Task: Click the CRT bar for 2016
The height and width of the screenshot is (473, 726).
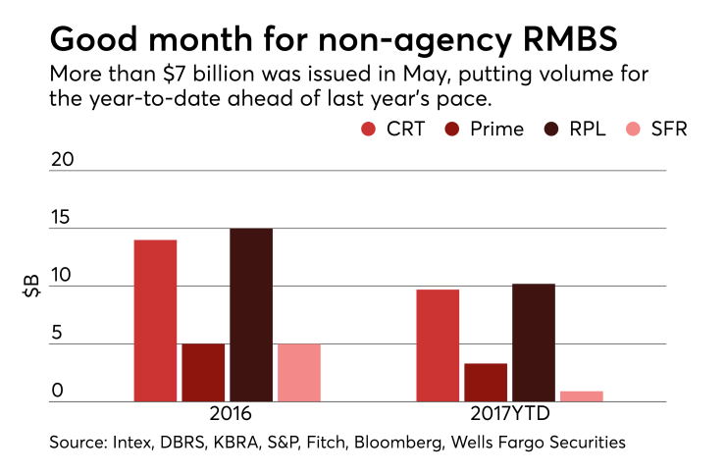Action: [155, 321]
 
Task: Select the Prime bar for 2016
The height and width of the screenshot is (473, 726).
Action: [203, 373]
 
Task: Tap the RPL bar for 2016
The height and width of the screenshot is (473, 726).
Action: [251, 315]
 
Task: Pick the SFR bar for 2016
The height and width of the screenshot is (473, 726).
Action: [299, 373]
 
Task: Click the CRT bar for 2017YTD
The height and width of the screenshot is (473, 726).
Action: [438, 345]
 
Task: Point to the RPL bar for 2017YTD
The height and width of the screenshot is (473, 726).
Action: [534, 342]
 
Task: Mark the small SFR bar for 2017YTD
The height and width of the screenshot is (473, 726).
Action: [582, 396]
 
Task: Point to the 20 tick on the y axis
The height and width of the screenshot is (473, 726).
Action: [62, 161]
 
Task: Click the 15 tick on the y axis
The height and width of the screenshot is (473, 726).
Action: [61, 218]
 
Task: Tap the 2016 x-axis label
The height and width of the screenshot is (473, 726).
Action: [229, 414]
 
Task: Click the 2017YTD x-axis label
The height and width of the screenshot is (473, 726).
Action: [510, 414]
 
